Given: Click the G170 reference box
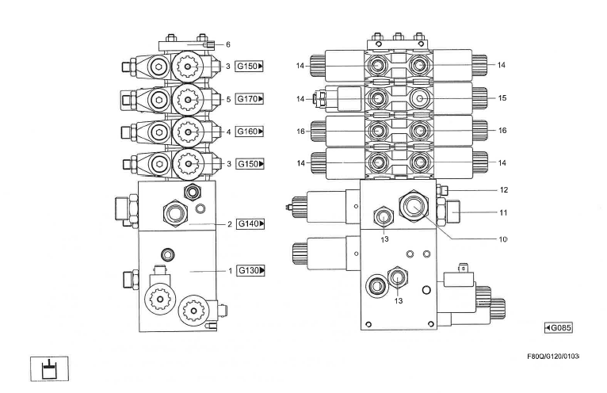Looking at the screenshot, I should pos(250,99).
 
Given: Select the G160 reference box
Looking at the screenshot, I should pos(250,131).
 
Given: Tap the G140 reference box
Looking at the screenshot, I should pos(250,224).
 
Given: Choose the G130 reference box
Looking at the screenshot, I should pos(250,271).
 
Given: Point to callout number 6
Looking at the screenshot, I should pos(227,44).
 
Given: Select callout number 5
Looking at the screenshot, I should pos(227,99).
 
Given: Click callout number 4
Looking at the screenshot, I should pos(227,131).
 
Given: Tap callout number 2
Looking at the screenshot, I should pos(229,224).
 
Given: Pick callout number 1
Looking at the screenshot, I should pos(229,271).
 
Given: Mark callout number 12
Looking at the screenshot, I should pos(503,190).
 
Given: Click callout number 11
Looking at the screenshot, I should pos(503,212).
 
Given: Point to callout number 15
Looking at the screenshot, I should pos(502,98).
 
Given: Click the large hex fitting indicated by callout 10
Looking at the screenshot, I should pos(414,206).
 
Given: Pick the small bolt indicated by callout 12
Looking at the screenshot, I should pos(443,189).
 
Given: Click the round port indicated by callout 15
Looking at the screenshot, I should pos(418,98).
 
